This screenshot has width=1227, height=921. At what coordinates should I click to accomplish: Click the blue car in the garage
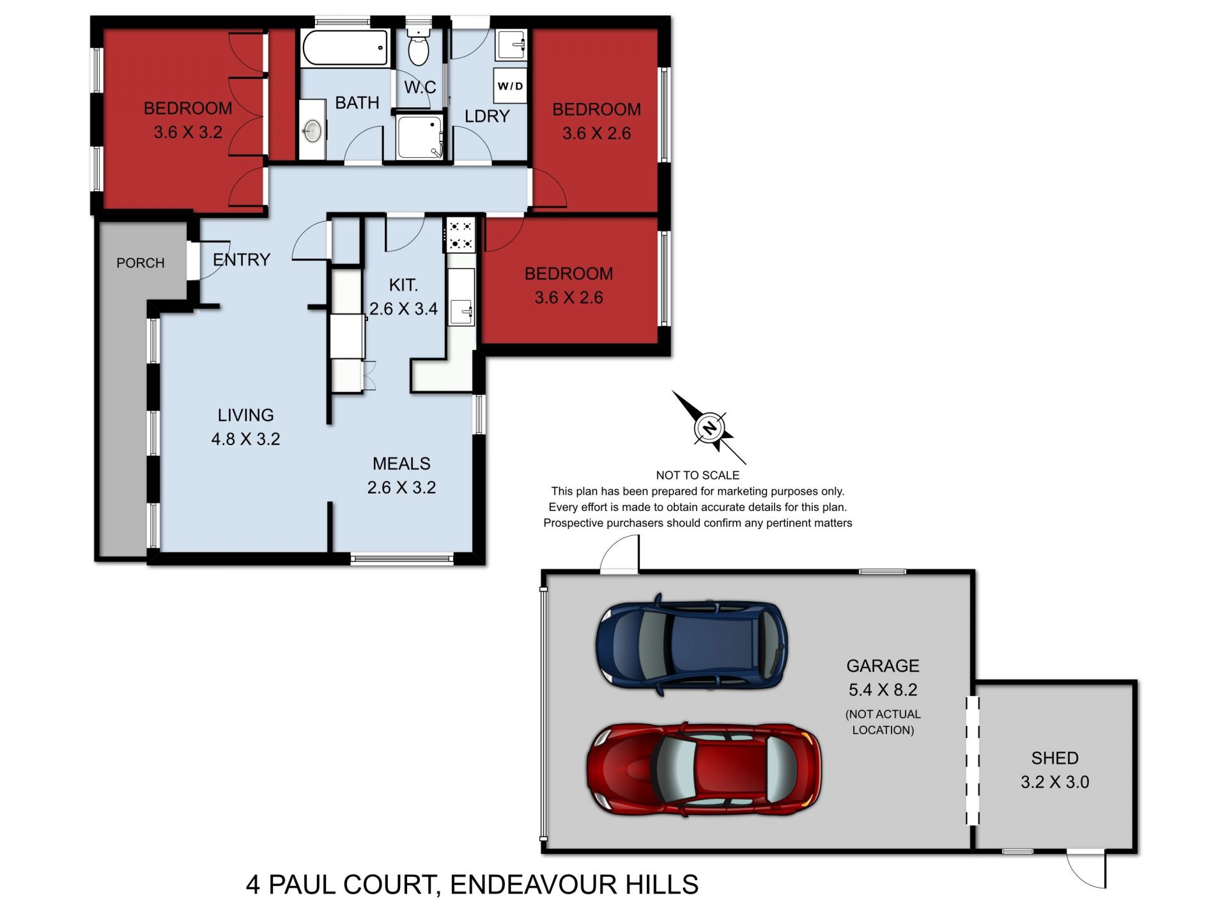click(691, 645)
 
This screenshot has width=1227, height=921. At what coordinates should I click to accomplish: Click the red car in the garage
click(703, 769)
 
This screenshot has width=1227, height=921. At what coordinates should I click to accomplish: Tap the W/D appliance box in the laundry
click(510, 86)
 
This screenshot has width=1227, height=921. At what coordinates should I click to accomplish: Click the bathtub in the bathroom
click(345, 48)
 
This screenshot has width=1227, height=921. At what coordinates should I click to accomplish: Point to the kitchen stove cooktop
click(460, 234)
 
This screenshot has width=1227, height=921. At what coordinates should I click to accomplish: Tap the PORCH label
click(140, 263)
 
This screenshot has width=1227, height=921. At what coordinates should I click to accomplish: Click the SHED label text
click(1054, 758)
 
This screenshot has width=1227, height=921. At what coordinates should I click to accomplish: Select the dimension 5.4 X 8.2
click(883, 689)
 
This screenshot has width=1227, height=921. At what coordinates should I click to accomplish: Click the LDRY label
click(487, 116)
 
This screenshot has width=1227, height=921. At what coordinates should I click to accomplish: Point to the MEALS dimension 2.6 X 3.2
click(401, 487)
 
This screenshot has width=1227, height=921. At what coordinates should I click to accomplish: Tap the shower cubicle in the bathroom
click(419, 137)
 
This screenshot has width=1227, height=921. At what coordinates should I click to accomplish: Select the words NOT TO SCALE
click(697, 475)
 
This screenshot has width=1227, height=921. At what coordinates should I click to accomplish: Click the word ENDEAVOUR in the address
click(531, 885)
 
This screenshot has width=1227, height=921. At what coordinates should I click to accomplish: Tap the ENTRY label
click(242, 260)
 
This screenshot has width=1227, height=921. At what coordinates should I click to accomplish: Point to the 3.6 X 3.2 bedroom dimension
click(188, 132)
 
